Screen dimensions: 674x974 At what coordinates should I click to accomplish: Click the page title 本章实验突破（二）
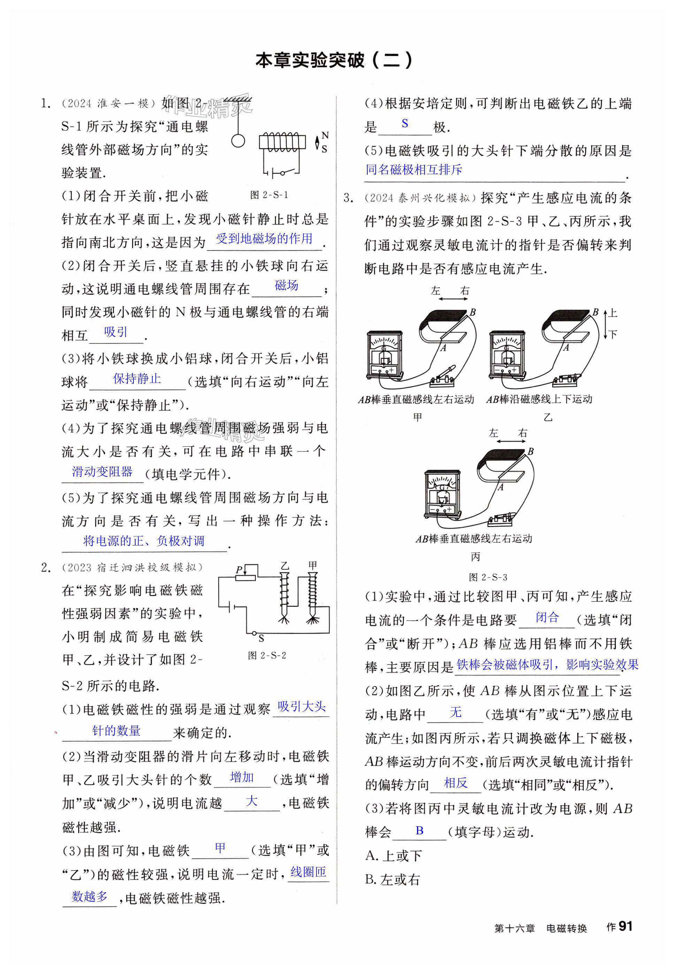[334, 60]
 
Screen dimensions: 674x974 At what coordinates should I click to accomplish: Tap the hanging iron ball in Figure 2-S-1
[238, 140]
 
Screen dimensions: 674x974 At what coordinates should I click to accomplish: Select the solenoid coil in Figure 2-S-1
[282, 141]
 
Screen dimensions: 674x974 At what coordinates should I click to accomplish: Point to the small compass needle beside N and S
[317, 142]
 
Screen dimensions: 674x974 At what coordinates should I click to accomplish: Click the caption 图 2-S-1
[269, 195]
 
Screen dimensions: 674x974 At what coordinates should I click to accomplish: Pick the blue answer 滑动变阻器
[102, 471]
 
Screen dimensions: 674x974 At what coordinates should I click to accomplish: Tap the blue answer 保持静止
[137, 379]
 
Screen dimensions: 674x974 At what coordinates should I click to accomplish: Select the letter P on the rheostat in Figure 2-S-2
[239, 570]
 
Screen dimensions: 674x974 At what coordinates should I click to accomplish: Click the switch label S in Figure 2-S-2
[261, 639]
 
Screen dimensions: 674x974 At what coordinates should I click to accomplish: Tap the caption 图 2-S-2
[267, 655]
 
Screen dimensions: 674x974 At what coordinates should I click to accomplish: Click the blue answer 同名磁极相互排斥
[414, 170]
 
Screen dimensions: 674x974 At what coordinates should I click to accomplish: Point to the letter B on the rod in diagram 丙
[531, 451]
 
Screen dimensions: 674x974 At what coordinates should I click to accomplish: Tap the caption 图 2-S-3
[488, 577]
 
